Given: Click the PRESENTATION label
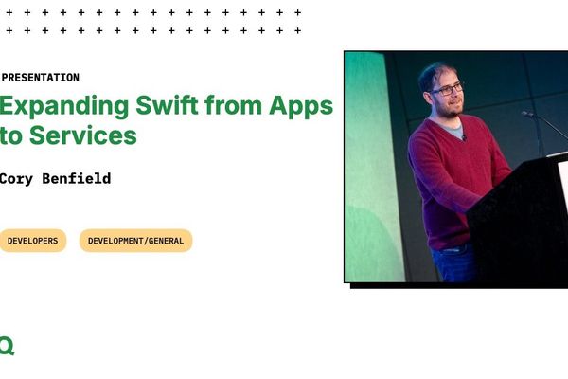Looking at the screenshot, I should pos(41,78).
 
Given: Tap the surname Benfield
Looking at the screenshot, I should pos(79,178).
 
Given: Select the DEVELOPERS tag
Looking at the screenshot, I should pos(32,241).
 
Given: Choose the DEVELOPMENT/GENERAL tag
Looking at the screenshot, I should pos(135,241).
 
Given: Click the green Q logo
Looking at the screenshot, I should pos(7,347).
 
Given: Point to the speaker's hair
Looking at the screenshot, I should pos(436,70).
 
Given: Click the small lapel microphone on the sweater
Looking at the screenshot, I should pos(463,139).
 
